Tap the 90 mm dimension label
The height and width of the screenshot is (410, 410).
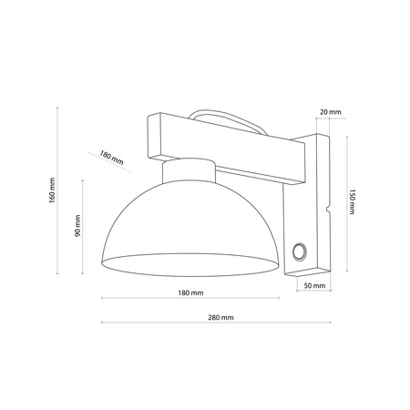[78, 228]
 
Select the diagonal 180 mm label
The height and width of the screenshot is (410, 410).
[111, 159]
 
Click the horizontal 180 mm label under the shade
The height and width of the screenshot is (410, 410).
[190, 292]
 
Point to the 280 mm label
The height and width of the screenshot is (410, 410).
[220, 317]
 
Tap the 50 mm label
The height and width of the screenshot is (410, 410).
[312, 286]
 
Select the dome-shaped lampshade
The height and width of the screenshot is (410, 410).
[190, 228]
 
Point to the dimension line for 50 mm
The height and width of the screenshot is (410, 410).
[312, 293]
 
